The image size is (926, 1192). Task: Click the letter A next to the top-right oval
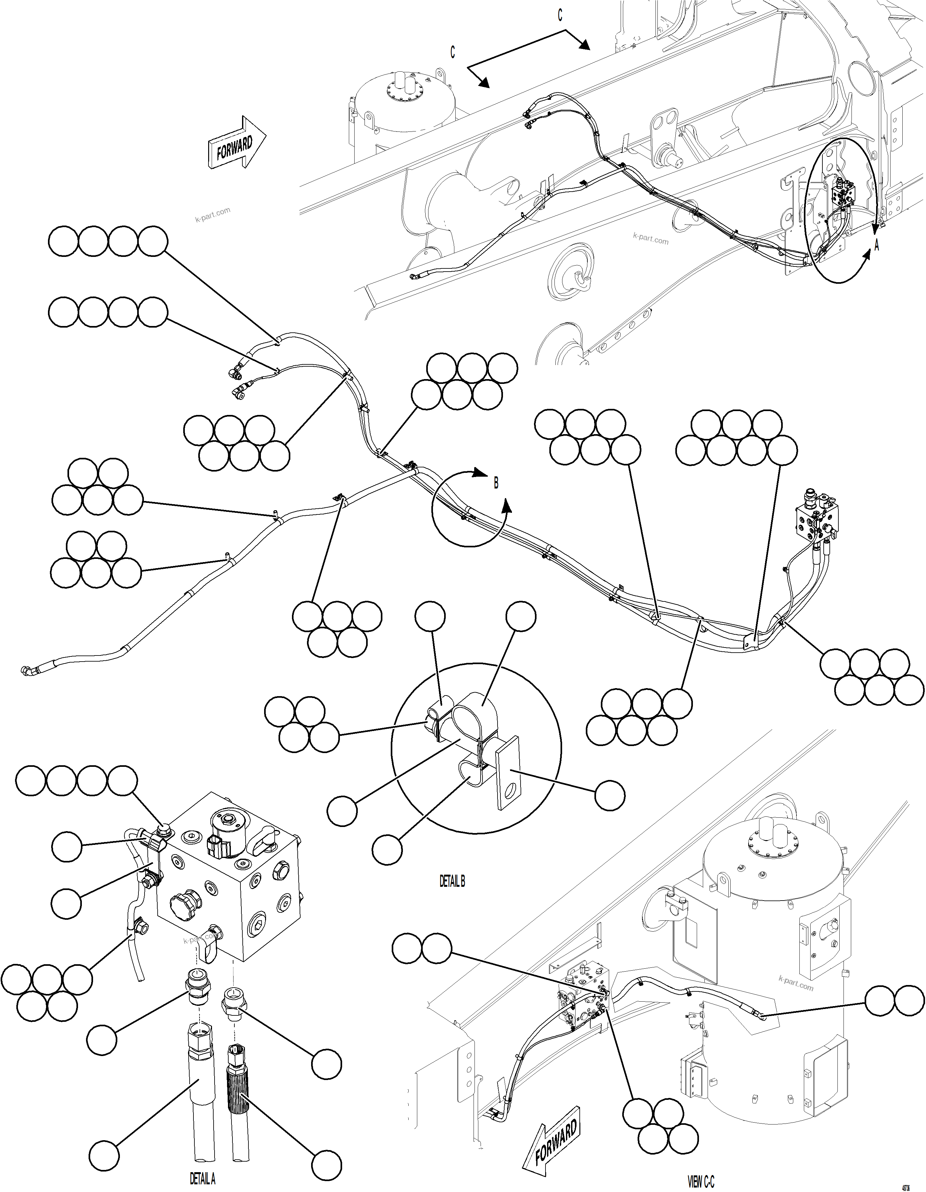pos(877,246)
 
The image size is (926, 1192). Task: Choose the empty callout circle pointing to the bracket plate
pos(609,795)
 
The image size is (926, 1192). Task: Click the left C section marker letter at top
pos(452,52)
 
